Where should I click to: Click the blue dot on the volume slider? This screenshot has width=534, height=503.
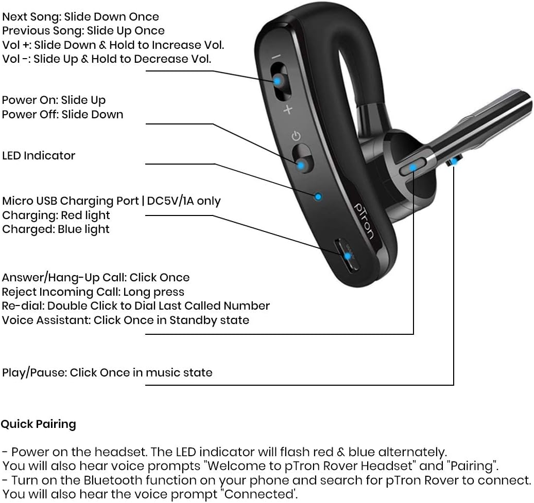tap(278, 81)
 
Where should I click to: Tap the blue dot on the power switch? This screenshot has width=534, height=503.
tap(301, 165)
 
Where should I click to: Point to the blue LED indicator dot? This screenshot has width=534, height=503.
tap(318, 196)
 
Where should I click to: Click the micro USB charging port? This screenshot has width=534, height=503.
tap(348, 256)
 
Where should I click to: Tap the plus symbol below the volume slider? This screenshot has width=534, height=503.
tap(288, 109)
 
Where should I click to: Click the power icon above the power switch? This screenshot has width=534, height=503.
tap(295, 136)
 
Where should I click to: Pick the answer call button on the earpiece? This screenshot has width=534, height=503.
tap(414, 167)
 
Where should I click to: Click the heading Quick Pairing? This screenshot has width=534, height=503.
tap(39, 424)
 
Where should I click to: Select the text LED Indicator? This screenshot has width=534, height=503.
tap(39, 155)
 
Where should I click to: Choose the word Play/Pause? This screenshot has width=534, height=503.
tap(33, 372)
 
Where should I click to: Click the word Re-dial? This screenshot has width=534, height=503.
tap(22, 306)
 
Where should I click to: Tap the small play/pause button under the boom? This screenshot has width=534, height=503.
tap(453, 161)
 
